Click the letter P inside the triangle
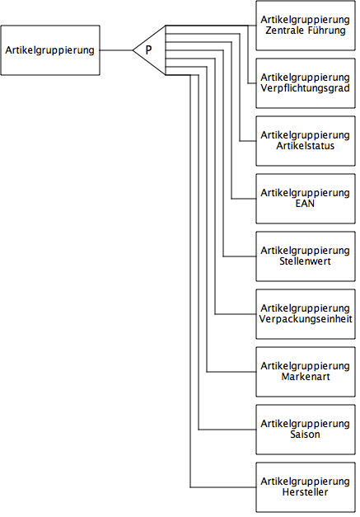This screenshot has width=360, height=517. (148, 50)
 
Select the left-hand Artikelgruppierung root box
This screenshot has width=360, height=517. (50, 50)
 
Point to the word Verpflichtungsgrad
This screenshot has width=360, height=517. (306, 88)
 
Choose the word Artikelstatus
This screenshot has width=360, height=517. (306, 146)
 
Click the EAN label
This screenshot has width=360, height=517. (305, 204)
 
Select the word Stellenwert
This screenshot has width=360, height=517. (306, 261)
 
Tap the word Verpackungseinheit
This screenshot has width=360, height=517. (306, 319)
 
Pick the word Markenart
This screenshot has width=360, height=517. (306, 377)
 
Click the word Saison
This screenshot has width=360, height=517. (305, 435)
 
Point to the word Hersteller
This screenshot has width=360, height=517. (306, 492)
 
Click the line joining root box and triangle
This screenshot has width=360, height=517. (116, 50)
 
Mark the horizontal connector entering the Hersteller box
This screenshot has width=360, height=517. (223, 487)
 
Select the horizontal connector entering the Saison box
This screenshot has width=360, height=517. (227, 430)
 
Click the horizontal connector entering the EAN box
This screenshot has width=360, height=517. (244, 199)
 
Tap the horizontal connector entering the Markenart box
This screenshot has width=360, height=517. (231, 372)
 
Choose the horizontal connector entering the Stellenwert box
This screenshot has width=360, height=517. (240, 256)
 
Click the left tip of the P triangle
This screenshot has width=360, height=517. (133, 50)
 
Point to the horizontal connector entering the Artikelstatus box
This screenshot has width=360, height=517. (248, 141)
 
